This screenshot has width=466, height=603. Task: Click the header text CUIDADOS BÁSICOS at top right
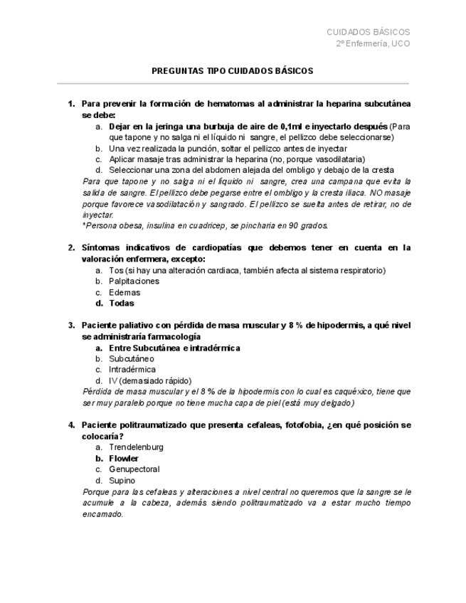tap(368, 32)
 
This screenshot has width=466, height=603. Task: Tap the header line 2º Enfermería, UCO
tap(373, 43)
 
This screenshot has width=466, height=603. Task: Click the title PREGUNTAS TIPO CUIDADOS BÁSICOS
tap(233, 71)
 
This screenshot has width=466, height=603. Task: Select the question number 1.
tap(71, 104)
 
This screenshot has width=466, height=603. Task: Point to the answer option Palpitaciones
tap(134, 281)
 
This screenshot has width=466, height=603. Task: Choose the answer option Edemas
tap(125, 292)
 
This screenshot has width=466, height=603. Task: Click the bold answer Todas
tap(122, 303)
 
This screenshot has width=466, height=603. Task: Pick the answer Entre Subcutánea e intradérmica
tap(174, 348)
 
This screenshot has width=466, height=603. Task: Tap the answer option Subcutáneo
tap(132, 359)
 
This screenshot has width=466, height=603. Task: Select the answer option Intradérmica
tap(132, 370)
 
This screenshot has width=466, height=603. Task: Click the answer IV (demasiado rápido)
tap(150, 380)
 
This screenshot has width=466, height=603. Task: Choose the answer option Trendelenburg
tap(136, 447)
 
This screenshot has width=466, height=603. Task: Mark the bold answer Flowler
tap(124, 459)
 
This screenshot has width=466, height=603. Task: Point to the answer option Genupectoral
tap(134, 469)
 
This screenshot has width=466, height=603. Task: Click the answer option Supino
tap(122, 480)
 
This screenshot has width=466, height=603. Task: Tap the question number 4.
tap(71, 425)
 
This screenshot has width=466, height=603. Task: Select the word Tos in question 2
tap(115, 270)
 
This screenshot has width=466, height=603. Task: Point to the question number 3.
tap(71, 326)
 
